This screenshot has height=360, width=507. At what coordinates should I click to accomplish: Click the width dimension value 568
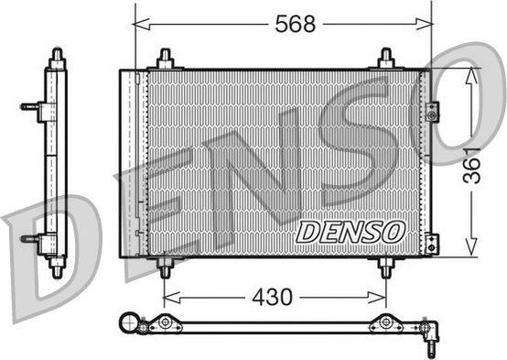click(x=295, y=25)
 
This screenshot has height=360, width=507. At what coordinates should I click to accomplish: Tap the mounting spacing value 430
click(x=272, y=297)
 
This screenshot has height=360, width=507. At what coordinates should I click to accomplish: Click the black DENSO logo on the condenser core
click(x=349, y=232)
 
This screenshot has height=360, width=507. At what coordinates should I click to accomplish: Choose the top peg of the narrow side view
click(x=57, y=57)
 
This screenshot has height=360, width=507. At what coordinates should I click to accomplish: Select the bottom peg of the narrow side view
click(x=57, y=269)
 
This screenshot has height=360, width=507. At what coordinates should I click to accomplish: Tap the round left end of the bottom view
click(x=129, y=322)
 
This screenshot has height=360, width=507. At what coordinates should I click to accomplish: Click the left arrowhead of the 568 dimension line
click(x=139, y=26)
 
